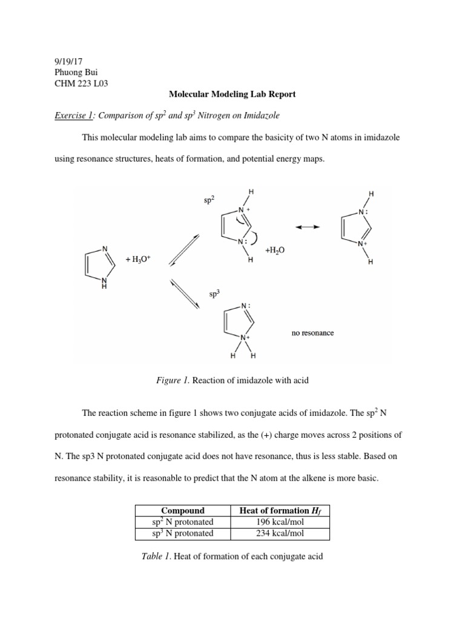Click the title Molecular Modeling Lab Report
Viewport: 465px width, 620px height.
232,94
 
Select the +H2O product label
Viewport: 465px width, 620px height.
275,250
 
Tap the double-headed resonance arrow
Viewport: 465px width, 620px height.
308,226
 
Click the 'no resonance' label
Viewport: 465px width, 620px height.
312,333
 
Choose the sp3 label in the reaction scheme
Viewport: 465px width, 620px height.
214,295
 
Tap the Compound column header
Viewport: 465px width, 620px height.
182,510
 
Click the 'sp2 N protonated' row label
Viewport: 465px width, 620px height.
182,522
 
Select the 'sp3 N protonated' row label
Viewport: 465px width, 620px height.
182,533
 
